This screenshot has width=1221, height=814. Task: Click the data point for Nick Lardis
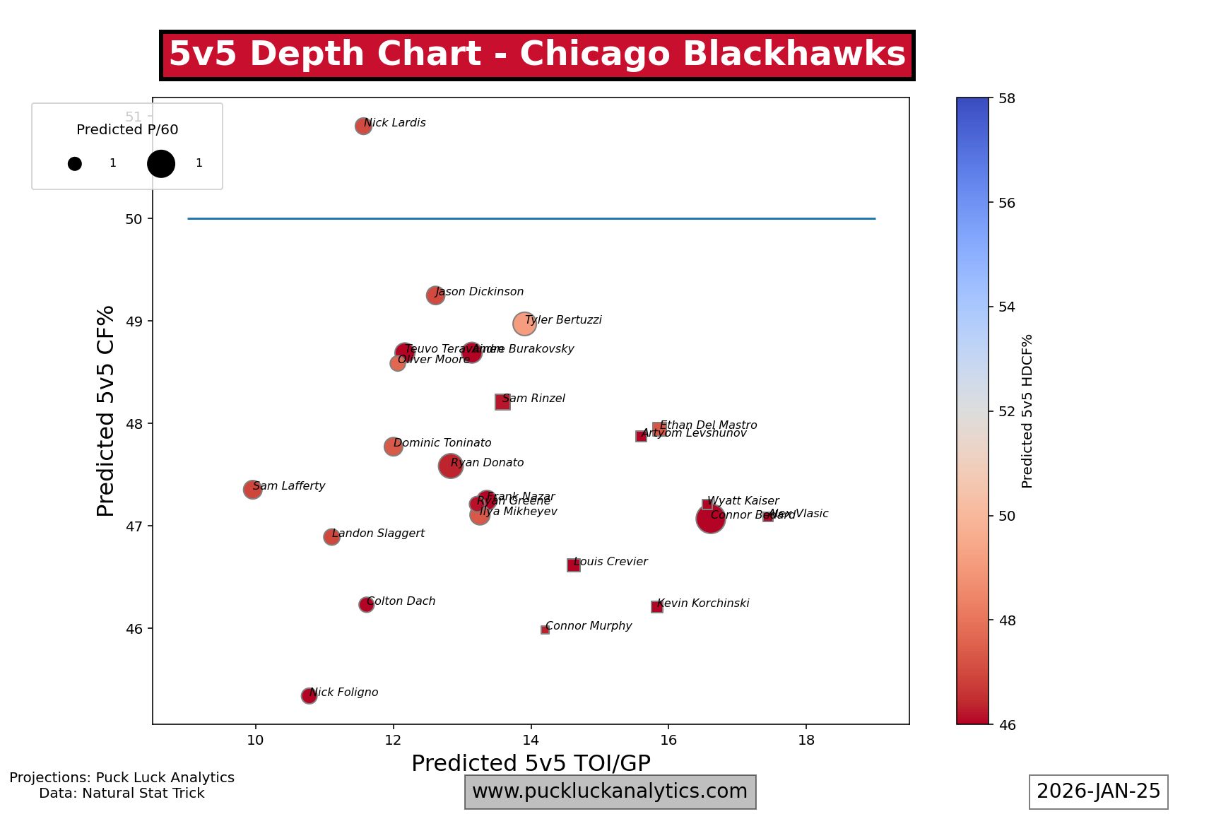pos(363,126)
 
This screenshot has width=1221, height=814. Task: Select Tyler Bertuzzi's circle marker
pos(524,324)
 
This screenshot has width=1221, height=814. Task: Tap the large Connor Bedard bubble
pos(710,519)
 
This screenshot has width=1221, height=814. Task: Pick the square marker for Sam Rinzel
pos(502,402)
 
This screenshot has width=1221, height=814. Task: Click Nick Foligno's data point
pos(309,696)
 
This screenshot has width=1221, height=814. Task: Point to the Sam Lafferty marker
pos(252,489)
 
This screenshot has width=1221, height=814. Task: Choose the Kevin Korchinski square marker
pos(657,607)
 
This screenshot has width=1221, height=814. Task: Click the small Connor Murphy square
pos(545,630)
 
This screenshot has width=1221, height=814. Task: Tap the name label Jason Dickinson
pos(480,292)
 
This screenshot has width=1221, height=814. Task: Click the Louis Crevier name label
pos(611,562)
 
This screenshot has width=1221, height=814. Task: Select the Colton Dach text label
pos(401,601)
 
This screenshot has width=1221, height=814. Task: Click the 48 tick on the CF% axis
pos(134,424)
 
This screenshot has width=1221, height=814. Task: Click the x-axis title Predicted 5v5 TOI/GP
pos(531,763)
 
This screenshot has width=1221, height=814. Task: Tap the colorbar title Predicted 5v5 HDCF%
pos(1027,411)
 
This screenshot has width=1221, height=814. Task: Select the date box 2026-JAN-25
pos(1098,791)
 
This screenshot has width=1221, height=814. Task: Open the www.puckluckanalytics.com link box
pos(610,791)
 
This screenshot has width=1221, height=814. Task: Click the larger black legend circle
pos(161,164)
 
